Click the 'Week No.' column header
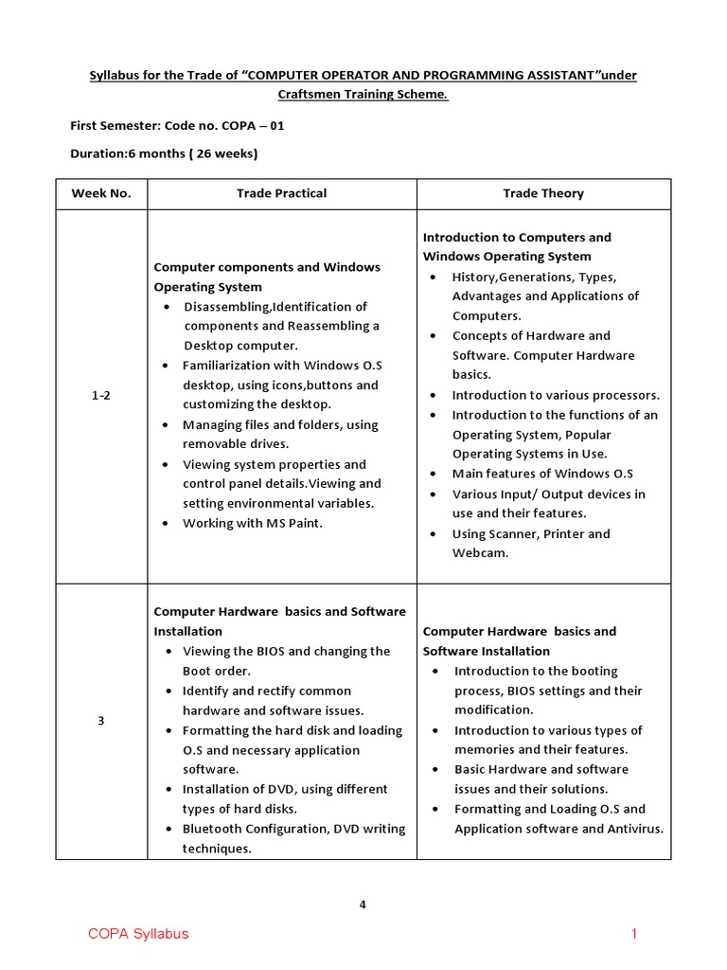click(x=101, y=193)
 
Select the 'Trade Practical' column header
click(x=281, y=193)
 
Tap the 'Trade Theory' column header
click(x=542, y=193)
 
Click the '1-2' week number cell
click(x=101, y=396)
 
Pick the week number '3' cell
click(x=101, y=721)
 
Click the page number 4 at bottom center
click(x=363, y=905)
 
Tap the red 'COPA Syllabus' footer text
click(x=138, y=934)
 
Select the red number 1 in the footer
click(x=634, y=934)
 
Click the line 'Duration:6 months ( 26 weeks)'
click(x=164, y=153)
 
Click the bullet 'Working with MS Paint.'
click(x=252, y=523)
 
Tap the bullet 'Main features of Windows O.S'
click(x=541, y=474)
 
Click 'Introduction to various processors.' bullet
click(x=555, y=395)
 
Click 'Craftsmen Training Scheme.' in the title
click(x=363, y=95)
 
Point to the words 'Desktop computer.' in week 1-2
click(x=240, y=346)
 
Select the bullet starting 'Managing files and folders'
click(x=279, y=425)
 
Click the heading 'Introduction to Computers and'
click(x=517, y=237)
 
